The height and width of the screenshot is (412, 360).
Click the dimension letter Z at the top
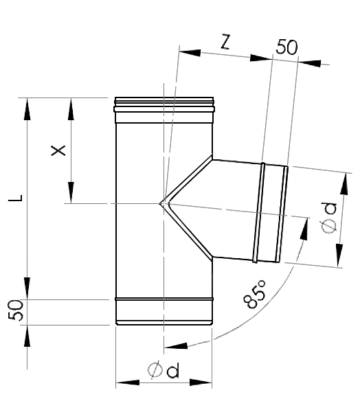coord(225,42)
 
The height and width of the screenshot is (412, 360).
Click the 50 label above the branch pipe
coord(287,47)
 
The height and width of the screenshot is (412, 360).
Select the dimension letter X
coord(58,150)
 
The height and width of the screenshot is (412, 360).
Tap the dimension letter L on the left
coord(16,198)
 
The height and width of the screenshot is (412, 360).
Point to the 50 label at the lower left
coord(16,310)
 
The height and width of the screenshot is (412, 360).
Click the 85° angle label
coord(255,294)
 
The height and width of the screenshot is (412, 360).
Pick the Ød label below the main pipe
coord(164,370)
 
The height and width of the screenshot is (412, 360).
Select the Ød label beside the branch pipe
coord(328,218)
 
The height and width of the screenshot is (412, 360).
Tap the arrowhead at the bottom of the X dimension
coord(71,192)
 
